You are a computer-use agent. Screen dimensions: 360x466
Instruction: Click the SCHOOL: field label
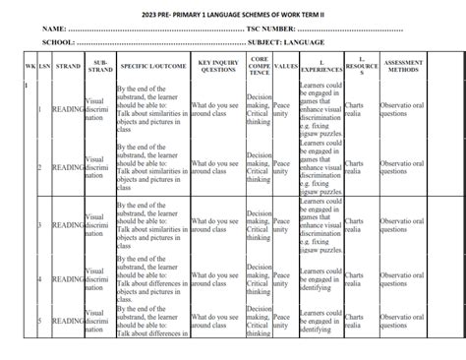click(60, 42)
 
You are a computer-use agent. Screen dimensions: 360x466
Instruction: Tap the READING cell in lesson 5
click(68, 321)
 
